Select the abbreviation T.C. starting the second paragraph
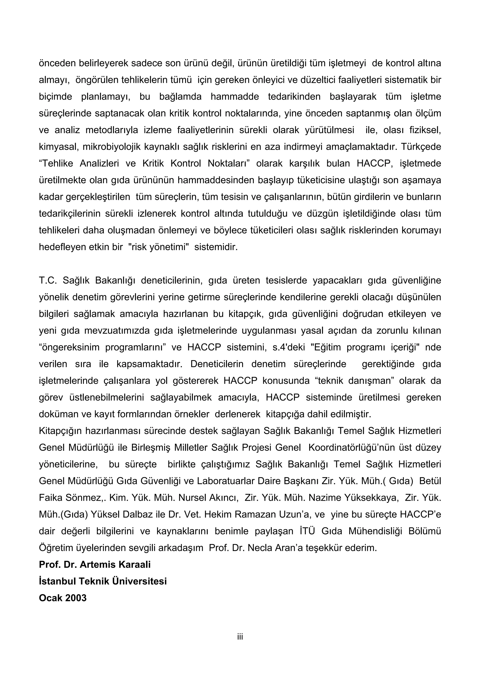(48, 280)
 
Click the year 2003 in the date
(76, 598)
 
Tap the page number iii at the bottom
(240, 637)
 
